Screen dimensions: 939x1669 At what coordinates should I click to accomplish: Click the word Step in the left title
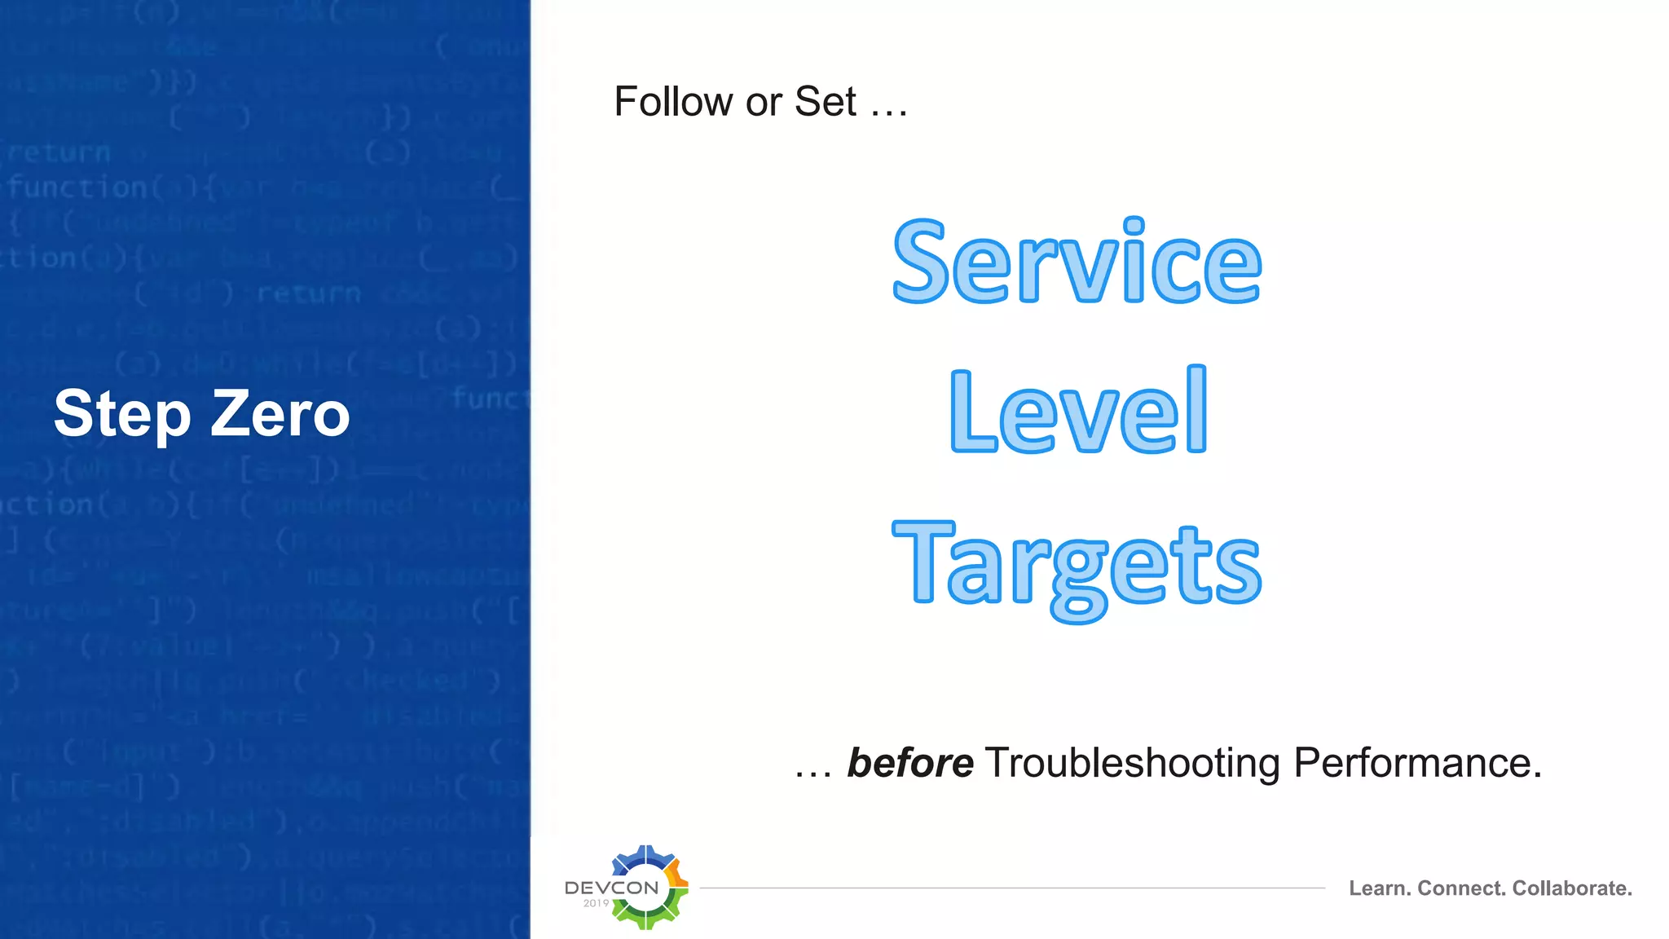(x=122, y=414)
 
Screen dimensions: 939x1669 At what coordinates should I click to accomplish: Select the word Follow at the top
(x=673, y=103)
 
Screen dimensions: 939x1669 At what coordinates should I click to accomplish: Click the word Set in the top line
(x=825, y=103)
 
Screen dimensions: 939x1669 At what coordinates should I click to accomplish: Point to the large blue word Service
(x=1077, y=262)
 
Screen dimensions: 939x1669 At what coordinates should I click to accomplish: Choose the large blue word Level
(x=1078, y=411)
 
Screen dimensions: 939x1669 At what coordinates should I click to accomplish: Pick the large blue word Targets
(x=1077, y=566)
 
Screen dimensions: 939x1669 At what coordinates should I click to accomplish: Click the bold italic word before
(x=910, y=764)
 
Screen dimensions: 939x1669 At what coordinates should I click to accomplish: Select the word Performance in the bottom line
(x=1417, y=764)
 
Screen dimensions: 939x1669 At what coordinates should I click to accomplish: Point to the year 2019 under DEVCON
(x=596, y=903)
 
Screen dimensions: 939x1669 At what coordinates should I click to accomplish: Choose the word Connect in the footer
(x=1461, y=888)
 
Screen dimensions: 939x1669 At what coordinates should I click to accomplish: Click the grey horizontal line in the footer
(x=1011, y=888)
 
